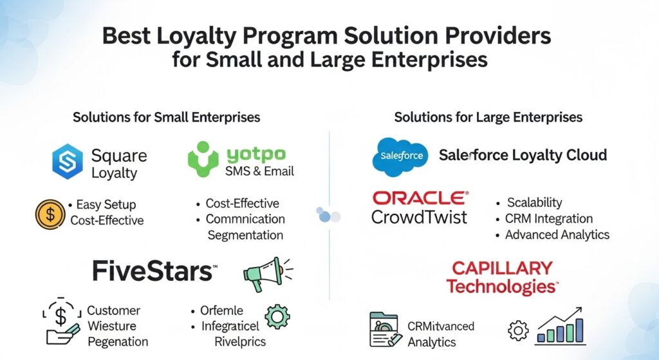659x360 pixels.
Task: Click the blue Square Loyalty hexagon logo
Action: tap(68, 162)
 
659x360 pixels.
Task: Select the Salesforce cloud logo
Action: tap(400, 156)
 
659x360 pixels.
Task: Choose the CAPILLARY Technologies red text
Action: tap(503, 277)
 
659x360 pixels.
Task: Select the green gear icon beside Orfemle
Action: tap(277, 317)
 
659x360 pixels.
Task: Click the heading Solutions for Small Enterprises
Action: tap(166, 117)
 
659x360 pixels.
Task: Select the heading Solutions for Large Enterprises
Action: tap(488, 117)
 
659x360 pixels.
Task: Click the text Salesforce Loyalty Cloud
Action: tap(523, 155)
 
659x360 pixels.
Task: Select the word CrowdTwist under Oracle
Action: tap(420, 217)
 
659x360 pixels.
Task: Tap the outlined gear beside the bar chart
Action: tap(518, 331)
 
